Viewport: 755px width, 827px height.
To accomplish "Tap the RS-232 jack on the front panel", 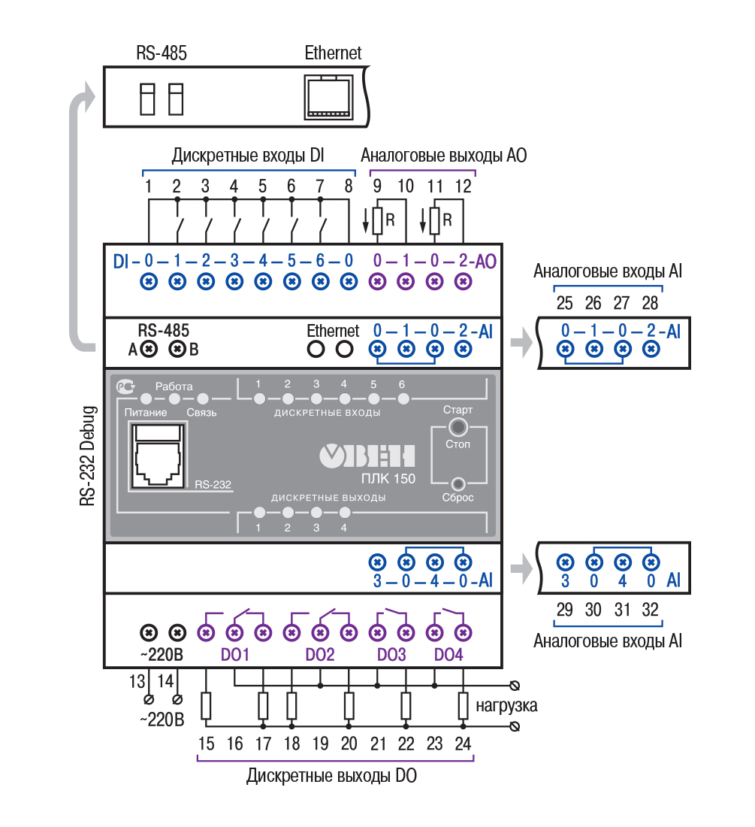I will pyautogui.click(x=159, y=455).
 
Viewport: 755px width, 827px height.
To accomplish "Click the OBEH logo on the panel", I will pyautogui.click(x=367, y=456).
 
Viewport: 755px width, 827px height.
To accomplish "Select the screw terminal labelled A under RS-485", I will pyautogui.click(x=149, y=349).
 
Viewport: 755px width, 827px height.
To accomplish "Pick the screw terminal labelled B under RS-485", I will pyautogui.click(x=177, y=349).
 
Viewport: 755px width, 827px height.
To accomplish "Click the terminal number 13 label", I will pyautogui.click(x=137, y=682).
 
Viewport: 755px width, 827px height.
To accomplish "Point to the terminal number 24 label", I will pyautogui.click(x=464, y=744).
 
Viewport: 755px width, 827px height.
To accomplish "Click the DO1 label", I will pyautogui.click(x=235, y=655).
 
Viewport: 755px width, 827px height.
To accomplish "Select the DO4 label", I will pyautogui.click(x=448, y=655).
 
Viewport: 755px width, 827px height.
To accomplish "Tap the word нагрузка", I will pyautogui.click(x=506, y=707).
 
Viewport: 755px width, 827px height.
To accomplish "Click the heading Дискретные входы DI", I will pyautogui.click(x=248, y=156).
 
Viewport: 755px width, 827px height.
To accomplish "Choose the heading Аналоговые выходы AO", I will pyautogui.click(x=444, y=156).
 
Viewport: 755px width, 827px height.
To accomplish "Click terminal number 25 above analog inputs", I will pyautogui.click(x=565, y=303).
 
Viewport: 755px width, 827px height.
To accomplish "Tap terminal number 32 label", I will pyautogui.click(x=651, y=610).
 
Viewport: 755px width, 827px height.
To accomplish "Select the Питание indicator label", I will pyautogui.click(x=140, y=413).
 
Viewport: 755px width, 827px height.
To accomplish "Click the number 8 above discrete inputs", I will pyautogui.click(x=349, y=186).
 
